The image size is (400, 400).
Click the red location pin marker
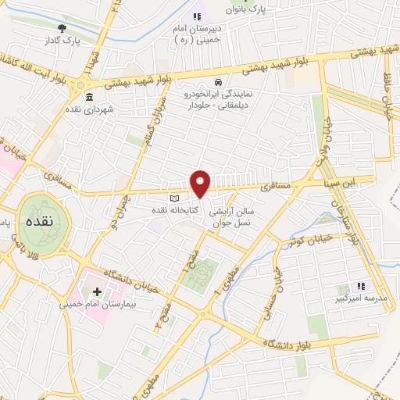click(201, 183)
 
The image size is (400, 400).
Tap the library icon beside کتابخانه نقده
click(175, 199)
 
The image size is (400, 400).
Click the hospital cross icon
click(97, 291)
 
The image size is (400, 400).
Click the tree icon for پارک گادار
click(62, 27)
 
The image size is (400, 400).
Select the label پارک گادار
click(64, 40)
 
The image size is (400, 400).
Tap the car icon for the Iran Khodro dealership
click(220, 80)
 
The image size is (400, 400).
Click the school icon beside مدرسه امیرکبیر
click(361, 287)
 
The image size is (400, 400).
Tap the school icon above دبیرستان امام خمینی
click(196, 16)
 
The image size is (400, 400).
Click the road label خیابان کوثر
click(320, 233)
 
